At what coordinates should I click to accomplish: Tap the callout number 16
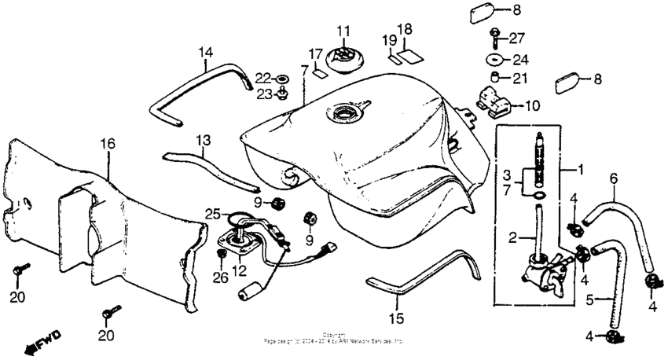(107, 143)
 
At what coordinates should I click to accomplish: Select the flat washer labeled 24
(496, 59)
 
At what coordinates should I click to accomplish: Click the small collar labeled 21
(496, 77)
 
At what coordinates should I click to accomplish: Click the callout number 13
(204, 140)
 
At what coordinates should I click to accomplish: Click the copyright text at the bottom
(334, 339)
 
